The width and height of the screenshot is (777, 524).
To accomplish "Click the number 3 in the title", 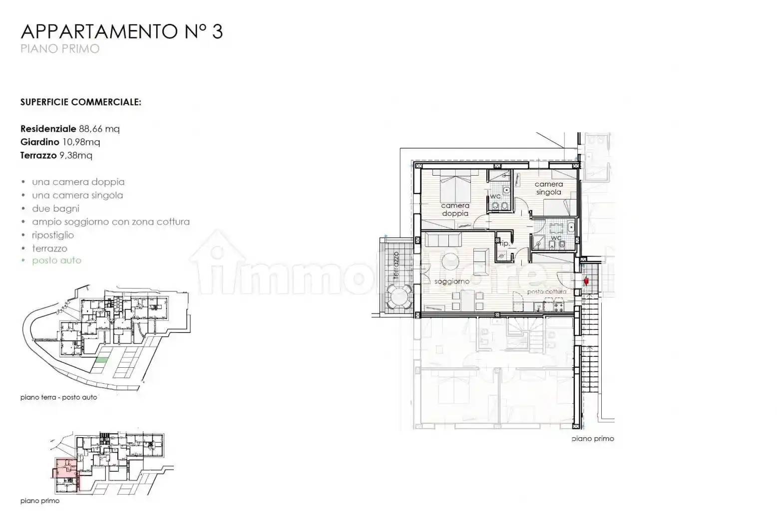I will tap(217, 31).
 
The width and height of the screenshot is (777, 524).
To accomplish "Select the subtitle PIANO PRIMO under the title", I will tap(60, 49).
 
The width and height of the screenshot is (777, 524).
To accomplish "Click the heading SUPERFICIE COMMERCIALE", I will tap(80, 102).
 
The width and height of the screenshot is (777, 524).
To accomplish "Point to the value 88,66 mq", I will tap(99, 129).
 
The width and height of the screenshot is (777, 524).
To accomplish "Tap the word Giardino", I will tap(39, 142).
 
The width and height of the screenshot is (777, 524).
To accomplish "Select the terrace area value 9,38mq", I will tap(76, 156).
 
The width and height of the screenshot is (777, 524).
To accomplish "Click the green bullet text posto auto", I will tap(56, 261).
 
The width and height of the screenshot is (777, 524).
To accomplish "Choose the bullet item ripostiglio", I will tap(53, 235).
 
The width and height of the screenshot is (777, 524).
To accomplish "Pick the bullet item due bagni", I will tap(55, 209).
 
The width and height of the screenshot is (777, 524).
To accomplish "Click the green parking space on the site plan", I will tap(102, 360).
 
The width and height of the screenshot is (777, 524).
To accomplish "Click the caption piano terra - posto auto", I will tap(59, 398).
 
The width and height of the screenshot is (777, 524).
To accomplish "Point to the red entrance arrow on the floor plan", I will tap(586, 282).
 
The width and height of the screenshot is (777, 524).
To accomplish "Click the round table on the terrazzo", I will tap(400, 298).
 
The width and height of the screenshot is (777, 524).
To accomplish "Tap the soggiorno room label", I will tap(452, 282).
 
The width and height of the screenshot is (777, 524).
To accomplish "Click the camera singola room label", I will tap(548, 188).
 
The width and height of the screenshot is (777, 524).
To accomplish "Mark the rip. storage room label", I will tap(504, 244).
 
